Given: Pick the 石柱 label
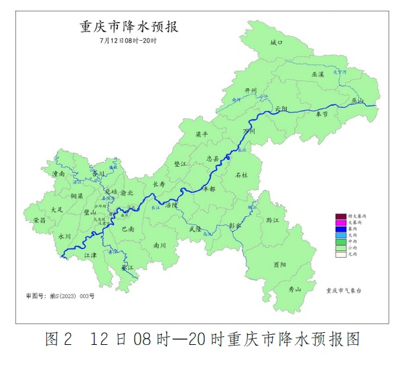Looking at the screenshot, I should tap(242, 175).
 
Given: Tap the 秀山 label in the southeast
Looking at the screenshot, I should tap(294, 289).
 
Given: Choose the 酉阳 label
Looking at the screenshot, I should tap(299, 265).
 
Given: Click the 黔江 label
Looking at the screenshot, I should tap(272, 220).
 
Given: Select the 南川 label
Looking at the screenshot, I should tap(159, 245).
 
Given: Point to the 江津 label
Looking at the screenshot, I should tap(90, 255).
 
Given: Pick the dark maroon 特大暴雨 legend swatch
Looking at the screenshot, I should tap(340, 216).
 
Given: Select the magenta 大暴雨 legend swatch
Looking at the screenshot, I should tap(340, 222).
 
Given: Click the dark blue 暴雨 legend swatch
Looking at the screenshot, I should tap(340, 229).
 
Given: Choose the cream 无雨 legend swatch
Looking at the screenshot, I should tap(340, 254).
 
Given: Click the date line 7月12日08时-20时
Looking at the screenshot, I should tap(127, 42).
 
